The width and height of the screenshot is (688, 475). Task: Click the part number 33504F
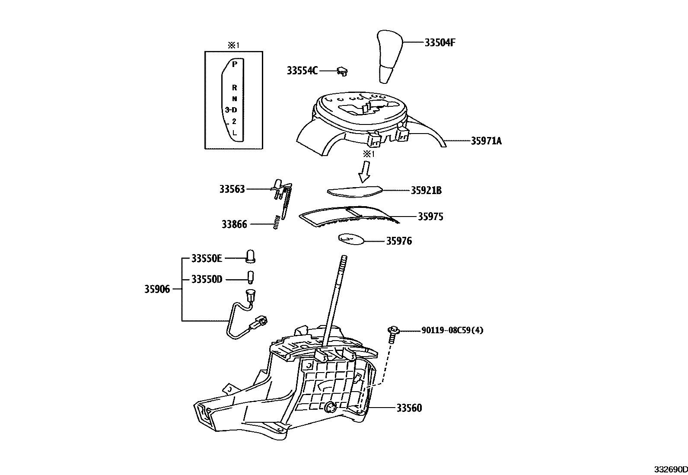440,43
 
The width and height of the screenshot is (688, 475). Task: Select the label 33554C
302,70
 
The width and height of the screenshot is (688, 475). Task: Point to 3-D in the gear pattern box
231,110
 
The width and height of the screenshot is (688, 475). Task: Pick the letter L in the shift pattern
234,133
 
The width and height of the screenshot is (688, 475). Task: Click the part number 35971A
486,141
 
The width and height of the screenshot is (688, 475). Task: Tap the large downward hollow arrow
364,171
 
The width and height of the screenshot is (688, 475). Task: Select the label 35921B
426,191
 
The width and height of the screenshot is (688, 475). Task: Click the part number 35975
430,217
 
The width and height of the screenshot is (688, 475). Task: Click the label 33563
232,189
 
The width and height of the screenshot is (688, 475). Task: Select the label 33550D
207,280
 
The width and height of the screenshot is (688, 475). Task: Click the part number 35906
157,289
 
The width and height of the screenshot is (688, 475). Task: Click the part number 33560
409,408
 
